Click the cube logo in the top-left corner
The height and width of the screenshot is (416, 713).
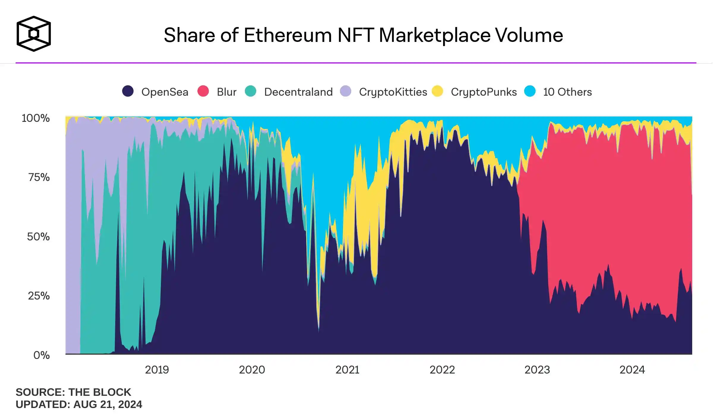[x=34, y=34]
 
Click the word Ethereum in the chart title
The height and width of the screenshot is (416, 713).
[x=287, y=35]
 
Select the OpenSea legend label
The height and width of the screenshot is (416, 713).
[x=165, y=92]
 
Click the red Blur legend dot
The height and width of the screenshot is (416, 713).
[x=203, y=91]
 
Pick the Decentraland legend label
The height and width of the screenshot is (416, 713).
[x=298, y=92]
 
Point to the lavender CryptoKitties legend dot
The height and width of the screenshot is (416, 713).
[x=345, y=91]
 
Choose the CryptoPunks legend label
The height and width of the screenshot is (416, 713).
[x=483, y=92]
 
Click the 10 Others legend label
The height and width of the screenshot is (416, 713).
[x=567, y=92]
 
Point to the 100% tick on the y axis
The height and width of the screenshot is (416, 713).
[x=36, y=118]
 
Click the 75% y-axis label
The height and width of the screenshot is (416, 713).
[x=39, y=177]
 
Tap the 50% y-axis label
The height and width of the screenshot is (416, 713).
[x=38, y=237]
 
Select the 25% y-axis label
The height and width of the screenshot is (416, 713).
[x=39, y=296]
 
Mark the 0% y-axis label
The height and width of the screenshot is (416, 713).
[x=41, y=355]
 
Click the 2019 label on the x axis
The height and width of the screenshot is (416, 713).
[x=157, y=370]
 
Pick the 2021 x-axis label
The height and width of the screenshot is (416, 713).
[x=347, y=370]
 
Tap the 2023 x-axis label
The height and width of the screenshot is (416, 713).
[x=537, y=370]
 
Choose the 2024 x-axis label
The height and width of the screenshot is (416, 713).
[x=632, y=370]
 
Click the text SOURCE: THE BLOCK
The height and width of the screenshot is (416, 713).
[x=73, y=392]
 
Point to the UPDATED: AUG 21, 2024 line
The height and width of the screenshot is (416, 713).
[x=79, y=404]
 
